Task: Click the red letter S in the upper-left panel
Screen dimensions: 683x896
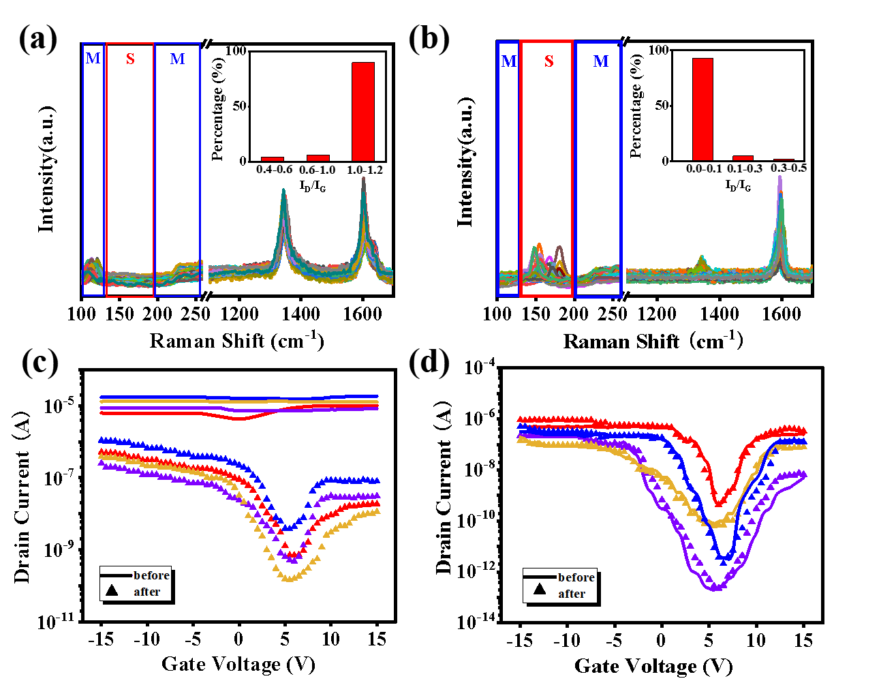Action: click(x=130, y=59)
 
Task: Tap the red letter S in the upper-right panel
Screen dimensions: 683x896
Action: click(x=549, y=61)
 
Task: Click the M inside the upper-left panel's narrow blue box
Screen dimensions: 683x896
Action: click(x=93, y=59)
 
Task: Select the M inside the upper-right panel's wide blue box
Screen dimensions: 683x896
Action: click(x=601, y=61)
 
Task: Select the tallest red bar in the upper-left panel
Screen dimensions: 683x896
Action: click(x=363, y=112)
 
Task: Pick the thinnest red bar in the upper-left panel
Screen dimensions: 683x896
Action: click(x=273, y=159)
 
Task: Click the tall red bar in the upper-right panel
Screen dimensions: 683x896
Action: click(x=702, y=109)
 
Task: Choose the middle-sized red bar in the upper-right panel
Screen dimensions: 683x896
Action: click(x=743, y=158)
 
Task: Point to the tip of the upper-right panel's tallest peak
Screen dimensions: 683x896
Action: click(x=779, y=177)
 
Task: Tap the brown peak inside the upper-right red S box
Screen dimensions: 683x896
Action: click(x=559, y=247)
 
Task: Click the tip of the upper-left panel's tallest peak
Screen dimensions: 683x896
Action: click(x=363, y=179)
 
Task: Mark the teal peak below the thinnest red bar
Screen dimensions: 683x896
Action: click(x=283, y=190)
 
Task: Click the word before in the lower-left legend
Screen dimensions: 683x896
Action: click(x=151, y=575)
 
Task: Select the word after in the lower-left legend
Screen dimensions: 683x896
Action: click(x=147, y=592)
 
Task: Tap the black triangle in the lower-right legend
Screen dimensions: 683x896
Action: click(x=540, y=589)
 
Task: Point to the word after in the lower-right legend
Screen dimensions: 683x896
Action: click(x=572, y=594)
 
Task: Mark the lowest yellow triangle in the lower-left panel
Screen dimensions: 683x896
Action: click(x=288, y=579)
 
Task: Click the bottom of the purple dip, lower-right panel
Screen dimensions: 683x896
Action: click(x=716, y=588)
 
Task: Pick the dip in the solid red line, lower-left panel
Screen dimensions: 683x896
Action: click(x=238, y=419)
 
